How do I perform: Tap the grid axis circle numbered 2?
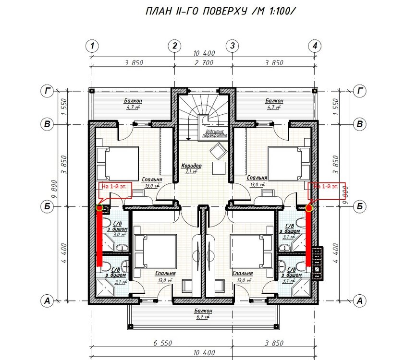pyautogui.click(x=174, y=46)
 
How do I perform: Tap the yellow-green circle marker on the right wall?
pyautogui.click(x=309, y=208)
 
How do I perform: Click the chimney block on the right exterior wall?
pyautogui.click(x=317, y=262)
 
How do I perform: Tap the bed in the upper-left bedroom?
pyautogui.click(x=117, y=164)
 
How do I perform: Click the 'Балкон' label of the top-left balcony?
pyautogui.click(x=120, y=101)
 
